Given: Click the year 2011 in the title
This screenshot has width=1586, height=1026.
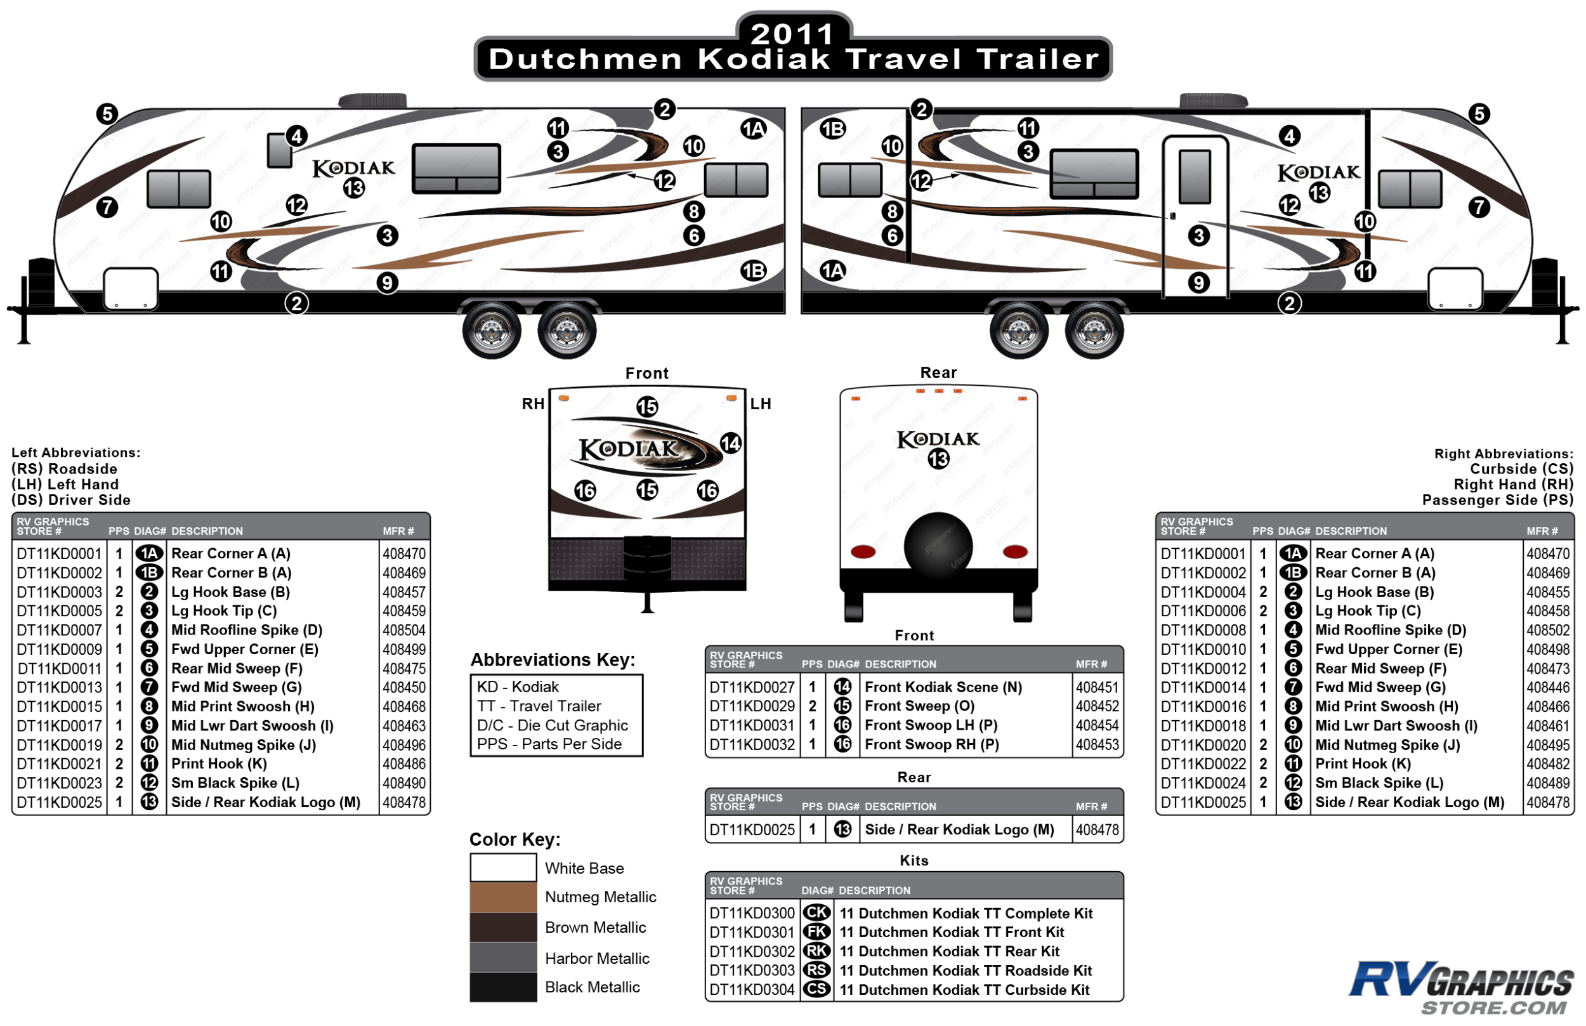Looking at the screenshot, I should pos(792,33).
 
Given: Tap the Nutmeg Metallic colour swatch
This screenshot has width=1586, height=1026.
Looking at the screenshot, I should pos(503,897).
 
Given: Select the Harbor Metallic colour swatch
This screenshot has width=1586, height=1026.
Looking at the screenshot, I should pos(503,957).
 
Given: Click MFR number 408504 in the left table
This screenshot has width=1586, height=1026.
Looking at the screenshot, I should pos(403,630).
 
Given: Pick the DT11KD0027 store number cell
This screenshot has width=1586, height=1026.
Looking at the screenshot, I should pos(752,687).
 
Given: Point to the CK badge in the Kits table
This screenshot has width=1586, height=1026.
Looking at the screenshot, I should pos(816,912).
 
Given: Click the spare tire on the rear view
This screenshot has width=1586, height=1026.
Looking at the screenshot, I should pos(938,546).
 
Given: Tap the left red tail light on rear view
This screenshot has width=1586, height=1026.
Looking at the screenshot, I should pos(863,551).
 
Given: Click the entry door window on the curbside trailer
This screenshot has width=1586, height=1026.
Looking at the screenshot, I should pos(1195,176).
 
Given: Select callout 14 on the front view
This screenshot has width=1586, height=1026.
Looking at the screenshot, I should pos(731,443).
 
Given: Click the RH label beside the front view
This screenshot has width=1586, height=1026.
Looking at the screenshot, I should pos(533,404).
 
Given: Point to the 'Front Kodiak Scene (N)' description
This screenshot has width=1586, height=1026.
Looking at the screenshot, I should pos(943,687).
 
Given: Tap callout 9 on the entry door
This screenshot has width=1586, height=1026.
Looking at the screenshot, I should pos(1198,283).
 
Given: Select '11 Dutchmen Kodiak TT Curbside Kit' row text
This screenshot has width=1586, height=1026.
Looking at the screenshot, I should pos(964,990).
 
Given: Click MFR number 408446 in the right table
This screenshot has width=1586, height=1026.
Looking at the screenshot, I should pos(1548,688).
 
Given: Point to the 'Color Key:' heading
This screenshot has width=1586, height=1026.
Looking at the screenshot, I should pos(515,839).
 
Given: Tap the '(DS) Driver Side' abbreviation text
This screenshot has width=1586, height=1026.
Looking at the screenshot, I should pos(70,501).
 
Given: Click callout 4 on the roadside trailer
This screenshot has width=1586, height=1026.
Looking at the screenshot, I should pos(296,136).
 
